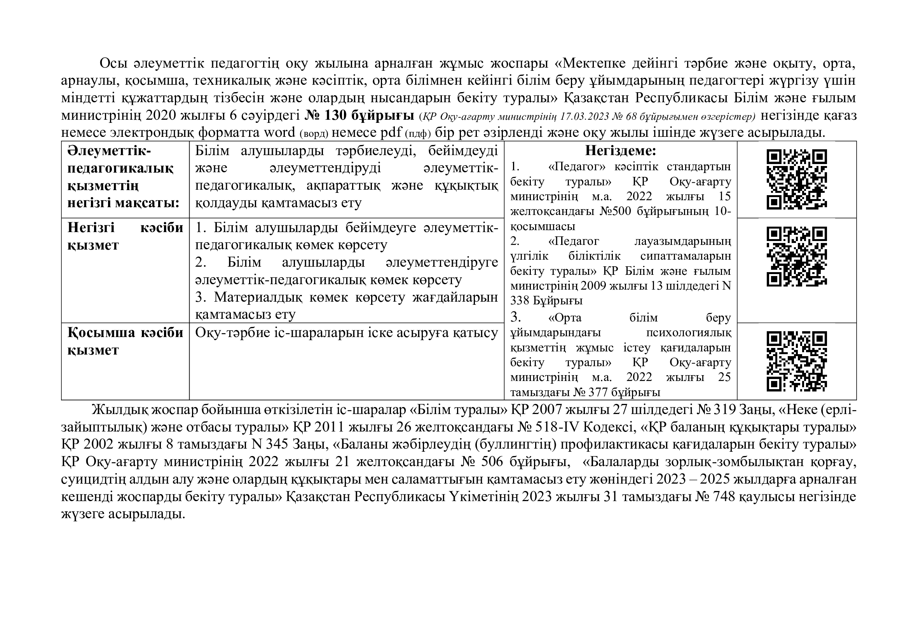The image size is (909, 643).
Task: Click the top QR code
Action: click(797, 179)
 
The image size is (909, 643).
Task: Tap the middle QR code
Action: click(797, 256)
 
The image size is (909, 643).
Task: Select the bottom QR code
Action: click(797, 361)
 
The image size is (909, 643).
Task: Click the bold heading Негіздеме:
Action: click(620, 151)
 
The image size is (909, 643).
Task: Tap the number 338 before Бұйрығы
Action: click(520, 301)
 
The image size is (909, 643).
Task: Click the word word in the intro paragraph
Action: click(279, 132)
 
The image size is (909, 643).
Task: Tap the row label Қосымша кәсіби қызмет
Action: click(125, 341)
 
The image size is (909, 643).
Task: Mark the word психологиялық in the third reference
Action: click(689, 333)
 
